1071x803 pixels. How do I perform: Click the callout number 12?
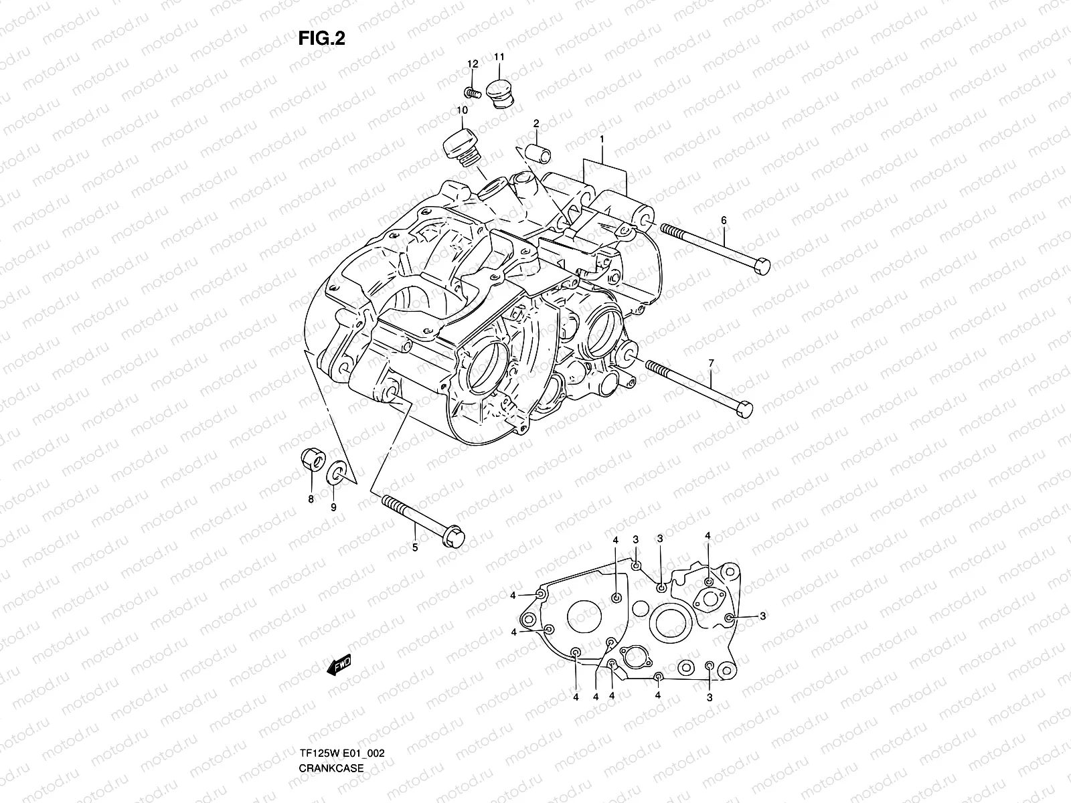(473, 64)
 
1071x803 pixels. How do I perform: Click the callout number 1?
(602, 139)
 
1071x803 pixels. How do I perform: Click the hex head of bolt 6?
(761, 266)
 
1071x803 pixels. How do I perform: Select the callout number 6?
(723, 220)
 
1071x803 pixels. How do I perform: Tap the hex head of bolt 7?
(743, 408)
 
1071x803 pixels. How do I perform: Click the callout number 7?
(711, 363)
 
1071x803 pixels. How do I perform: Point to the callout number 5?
(414, 548)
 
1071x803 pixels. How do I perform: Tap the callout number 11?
(499, 57)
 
